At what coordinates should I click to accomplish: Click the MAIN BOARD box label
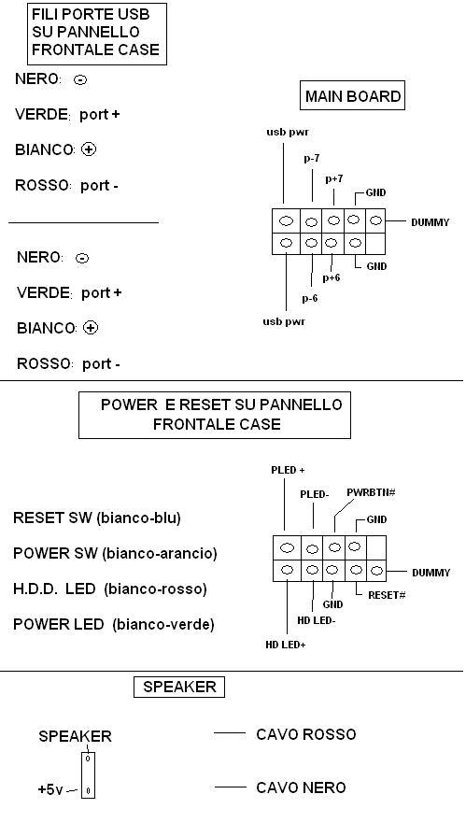tap(352, 96)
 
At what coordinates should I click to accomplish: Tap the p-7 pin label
tap(312, 159)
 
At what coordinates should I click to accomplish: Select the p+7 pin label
tap(334, 179)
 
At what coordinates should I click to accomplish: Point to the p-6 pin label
tap(310, 298)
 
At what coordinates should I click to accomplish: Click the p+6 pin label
tap(332, 277)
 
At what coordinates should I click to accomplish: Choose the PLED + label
tap(288, 470)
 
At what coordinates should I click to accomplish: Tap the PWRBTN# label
tap(371, 492)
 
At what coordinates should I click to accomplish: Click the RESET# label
tap(387, 595)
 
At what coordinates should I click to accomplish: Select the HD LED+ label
tap(286, 645)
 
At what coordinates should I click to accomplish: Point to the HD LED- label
tap(317, 621)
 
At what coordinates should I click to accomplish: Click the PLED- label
tap(314, 495)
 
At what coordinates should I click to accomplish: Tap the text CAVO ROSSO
tap(306, 734)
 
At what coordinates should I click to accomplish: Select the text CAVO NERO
tap(301, 787)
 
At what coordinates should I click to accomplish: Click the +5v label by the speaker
tap(50, 790)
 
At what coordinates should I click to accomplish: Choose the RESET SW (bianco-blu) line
tap(96, 518)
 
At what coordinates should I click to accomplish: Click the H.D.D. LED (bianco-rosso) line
tap(109, 589)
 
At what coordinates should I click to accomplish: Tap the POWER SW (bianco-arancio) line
tap(115, 554)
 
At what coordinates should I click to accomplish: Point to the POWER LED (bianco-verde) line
tap(113, 625)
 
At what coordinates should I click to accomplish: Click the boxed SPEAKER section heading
tap(179, 687)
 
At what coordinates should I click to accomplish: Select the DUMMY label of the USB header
tap(431, 222)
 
